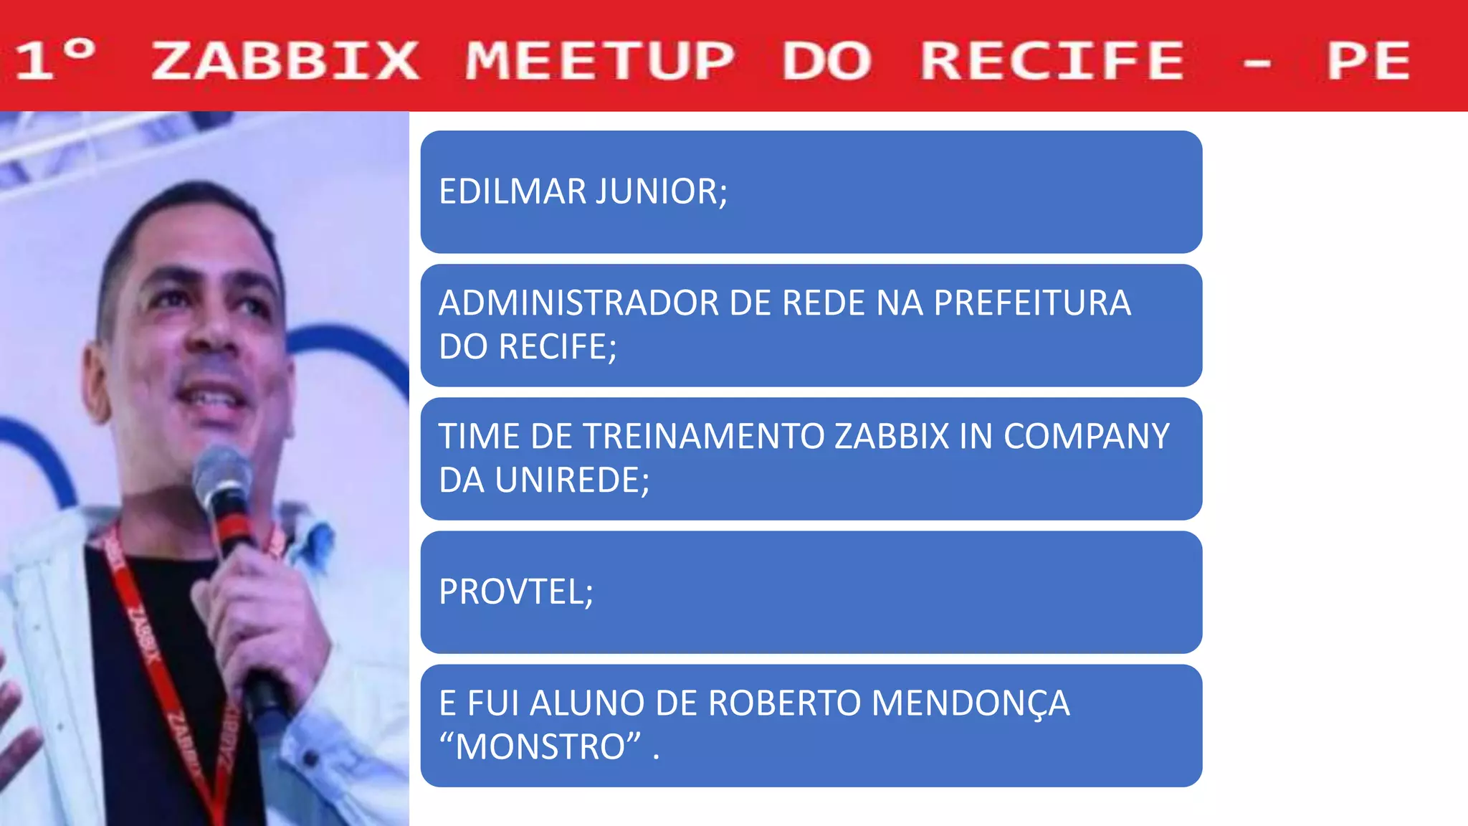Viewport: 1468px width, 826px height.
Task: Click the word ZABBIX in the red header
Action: [x=285, y=60]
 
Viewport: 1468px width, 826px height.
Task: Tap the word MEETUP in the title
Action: [x=599, y=60]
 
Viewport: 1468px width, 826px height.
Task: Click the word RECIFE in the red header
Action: [x=1052, y=60]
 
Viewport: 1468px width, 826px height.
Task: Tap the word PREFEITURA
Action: [x=1032, y=303]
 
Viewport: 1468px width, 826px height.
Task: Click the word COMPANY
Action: [x=1087, y=436]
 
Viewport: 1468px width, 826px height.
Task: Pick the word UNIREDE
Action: [x=572, y=480]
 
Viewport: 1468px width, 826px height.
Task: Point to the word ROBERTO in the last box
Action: [x=784, y=703]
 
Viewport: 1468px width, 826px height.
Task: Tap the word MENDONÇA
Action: [x=971, y=703]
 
